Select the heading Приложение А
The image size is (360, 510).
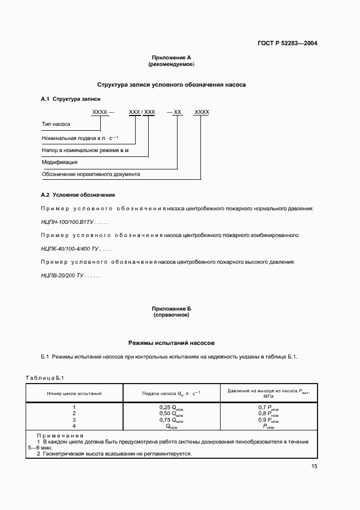171,58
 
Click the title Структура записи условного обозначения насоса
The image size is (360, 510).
171,85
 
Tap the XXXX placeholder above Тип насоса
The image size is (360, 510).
100,112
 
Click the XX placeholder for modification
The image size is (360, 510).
178,112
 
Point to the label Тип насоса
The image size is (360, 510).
56,124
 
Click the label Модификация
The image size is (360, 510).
59,162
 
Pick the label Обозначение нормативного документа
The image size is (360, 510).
91,175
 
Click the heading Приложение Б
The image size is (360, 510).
171,309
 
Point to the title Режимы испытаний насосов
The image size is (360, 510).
171,343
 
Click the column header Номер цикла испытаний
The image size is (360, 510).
74,393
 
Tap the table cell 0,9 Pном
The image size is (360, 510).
268,421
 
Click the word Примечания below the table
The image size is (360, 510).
60,436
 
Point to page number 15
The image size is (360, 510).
314,466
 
